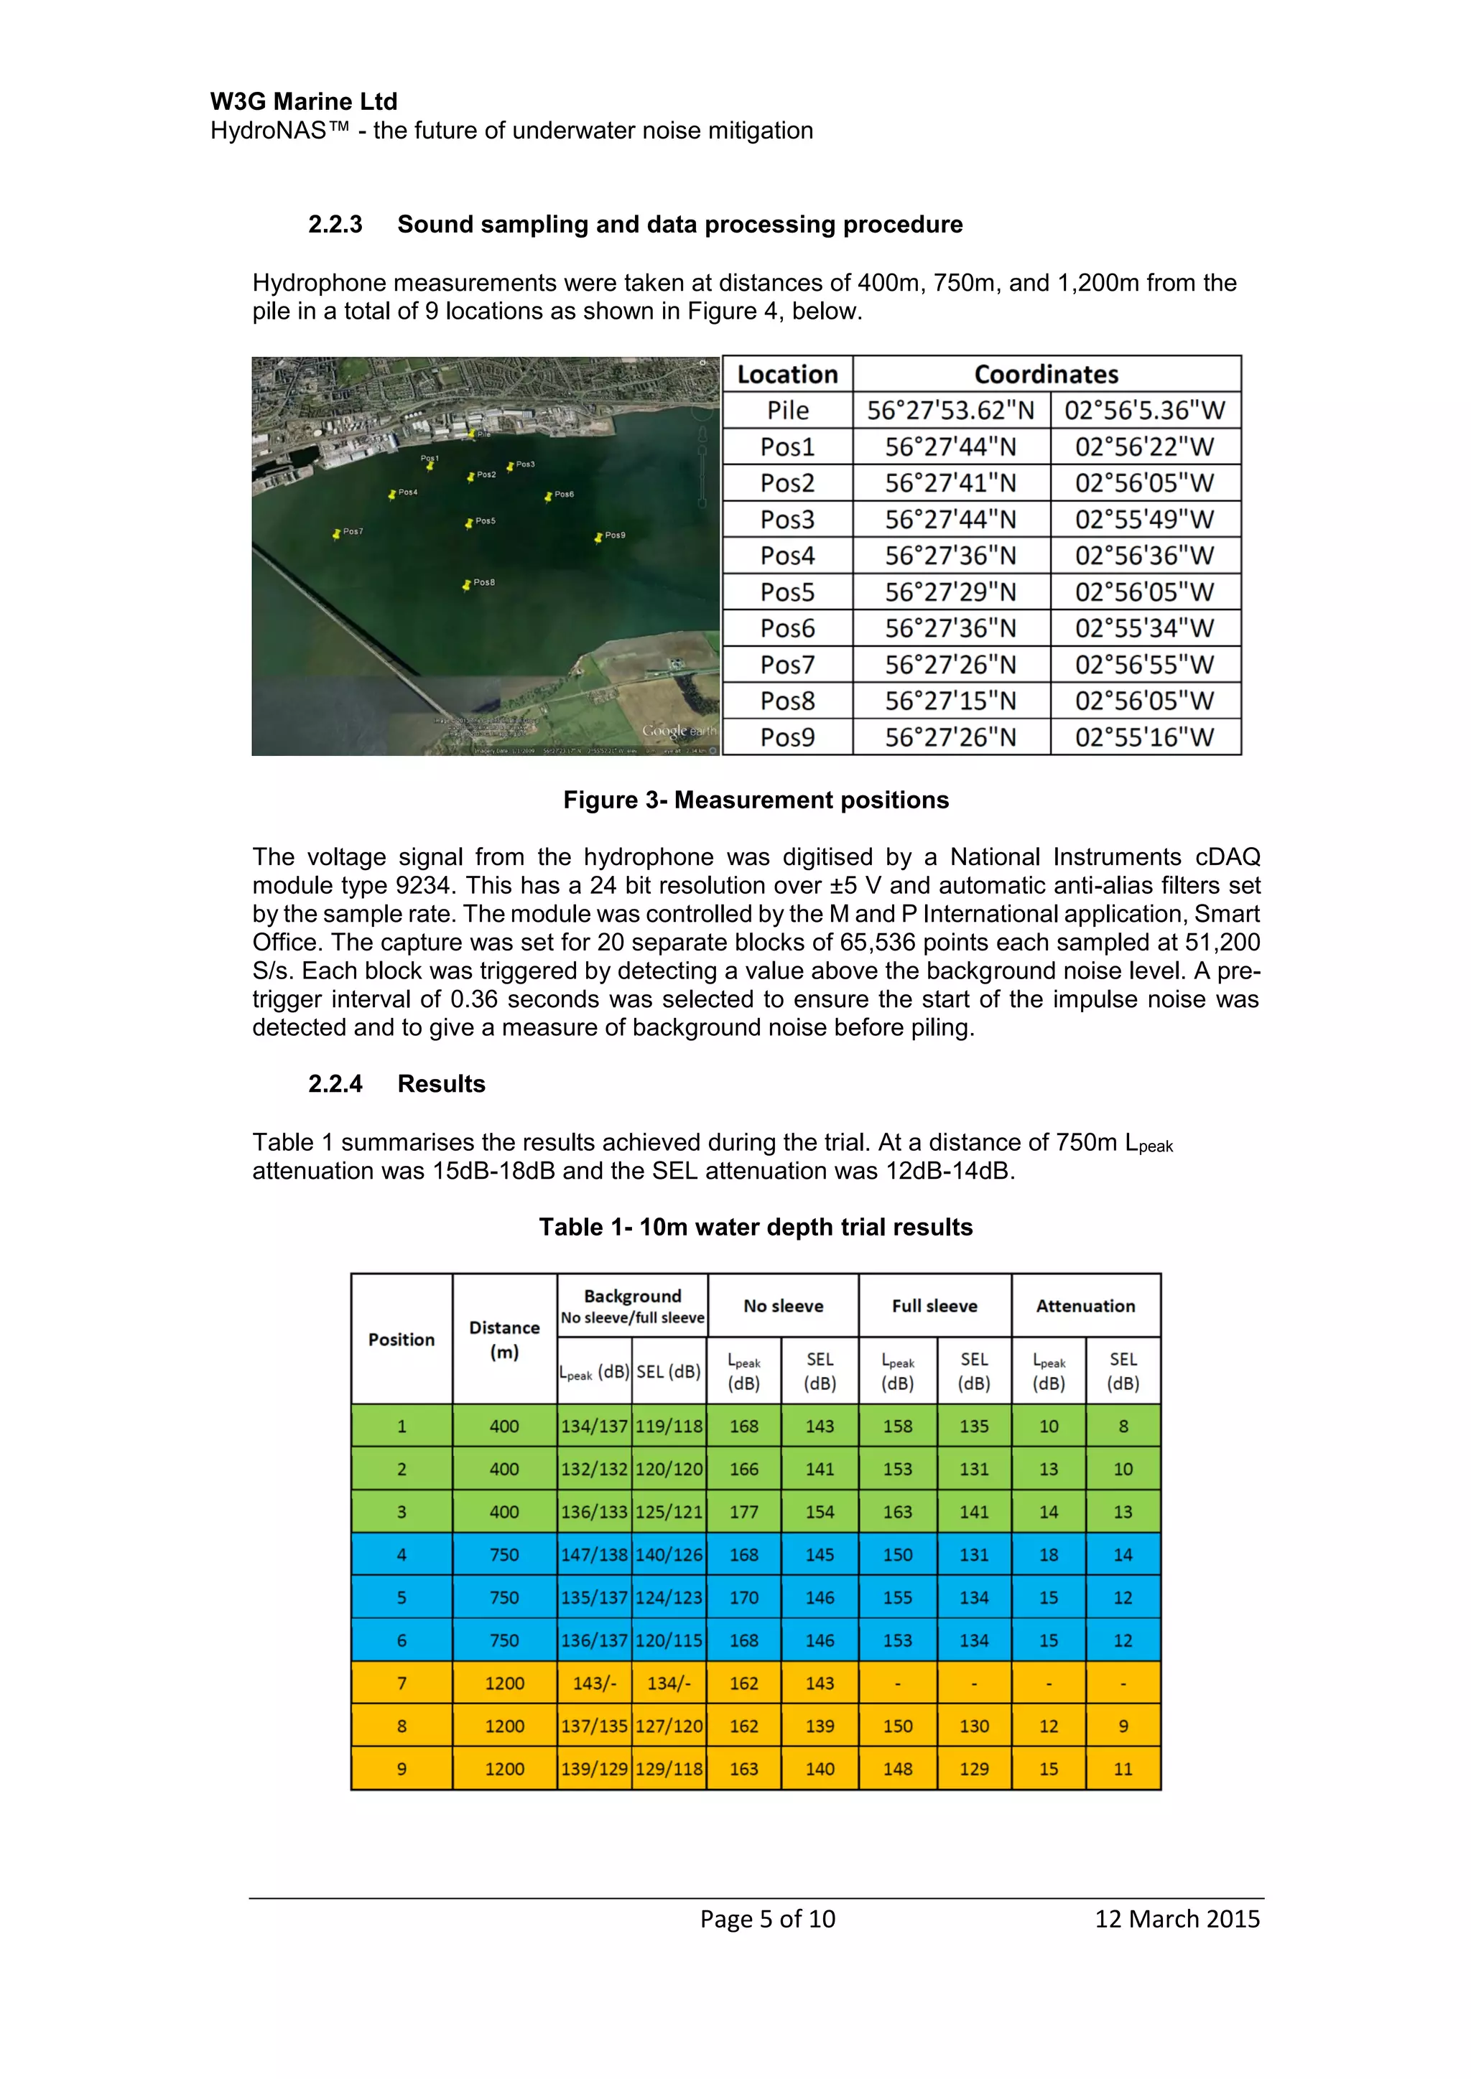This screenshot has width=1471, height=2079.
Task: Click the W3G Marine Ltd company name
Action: click(303, 101)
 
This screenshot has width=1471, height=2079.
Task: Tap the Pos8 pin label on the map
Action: click(483, 582)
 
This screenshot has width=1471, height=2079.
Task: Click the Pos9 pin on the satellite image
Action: click(599, 538)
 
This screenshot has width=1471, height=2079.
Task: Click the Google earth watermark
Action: click(677, 730)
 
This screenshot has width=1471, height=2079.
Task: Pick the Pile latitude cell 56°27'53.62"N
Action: click(950, 410)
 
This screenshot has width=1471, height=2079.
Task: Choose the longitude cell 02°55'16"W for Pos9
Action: click(1144, 737)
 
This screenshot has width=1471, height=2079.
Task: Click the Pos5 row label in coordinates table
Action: click(787, 592)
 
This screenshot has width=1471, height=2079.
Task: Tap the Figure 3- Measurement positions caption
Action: click(756, 800)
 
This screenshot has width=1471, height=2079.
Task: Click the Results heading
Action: click(441, 1084)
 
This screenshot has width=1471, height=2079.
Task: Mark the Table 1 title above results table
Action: click(756, 1227)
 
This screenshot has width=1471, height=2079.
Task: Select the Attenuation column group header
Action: click(1085, 1306)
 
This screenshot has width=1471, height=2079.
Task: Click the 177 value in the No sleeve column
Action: click(743, 1512)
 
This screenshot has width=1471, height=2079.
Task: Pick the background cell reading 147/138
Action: click(594, 1555)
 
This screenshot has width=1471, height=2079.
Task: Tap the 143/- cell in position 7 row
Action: click(594, 1683)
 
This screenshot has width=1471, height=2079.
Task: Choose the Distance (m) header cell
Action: click(504, 1339)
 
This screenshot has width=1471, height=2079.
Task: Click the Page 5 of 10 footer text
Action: click(767, 1919)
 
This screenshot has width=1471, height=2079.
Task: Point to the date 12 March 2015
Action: click(1177, 1919)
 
